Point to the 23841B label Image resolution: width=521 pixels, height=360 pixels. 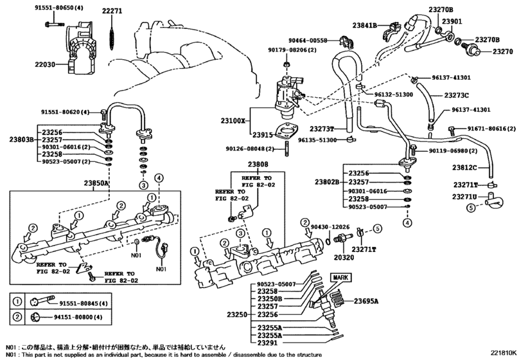click(366, 25)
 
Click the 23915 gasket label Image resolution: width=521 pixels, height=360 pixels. click(263, 135)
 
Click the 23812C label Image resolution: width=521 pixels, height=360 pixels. click(464, 168)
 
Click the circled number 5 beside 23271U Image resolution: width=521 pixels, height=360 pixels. click(470, 207)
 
